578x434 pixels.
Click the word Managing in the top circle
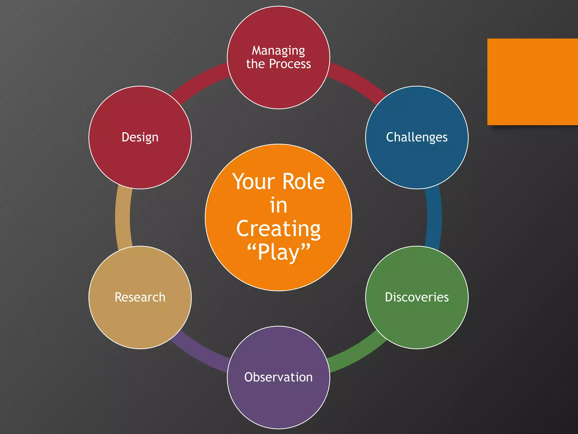click(x=278, y=51)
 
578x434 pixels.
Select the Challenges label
click(x=417, y=137)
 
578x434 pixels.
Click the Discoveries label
click(x=417, y=297)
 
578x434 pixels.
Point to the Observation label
click(x=278, y=377)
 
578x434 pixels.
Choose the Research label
click(x=140, y=297)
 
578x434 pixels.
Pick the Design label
click(x=140, y=137)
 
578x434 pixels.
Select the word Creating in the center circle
click(x=278, y=229)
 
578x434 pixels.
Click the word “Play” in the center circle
click(x=278, y=252)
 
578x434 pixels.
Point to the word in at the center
click(x=278, y=205)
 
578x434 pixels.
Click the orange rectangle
click(x=532, y=82)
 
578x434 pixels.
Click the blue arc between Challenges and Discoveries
click(x=434, y=218)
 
